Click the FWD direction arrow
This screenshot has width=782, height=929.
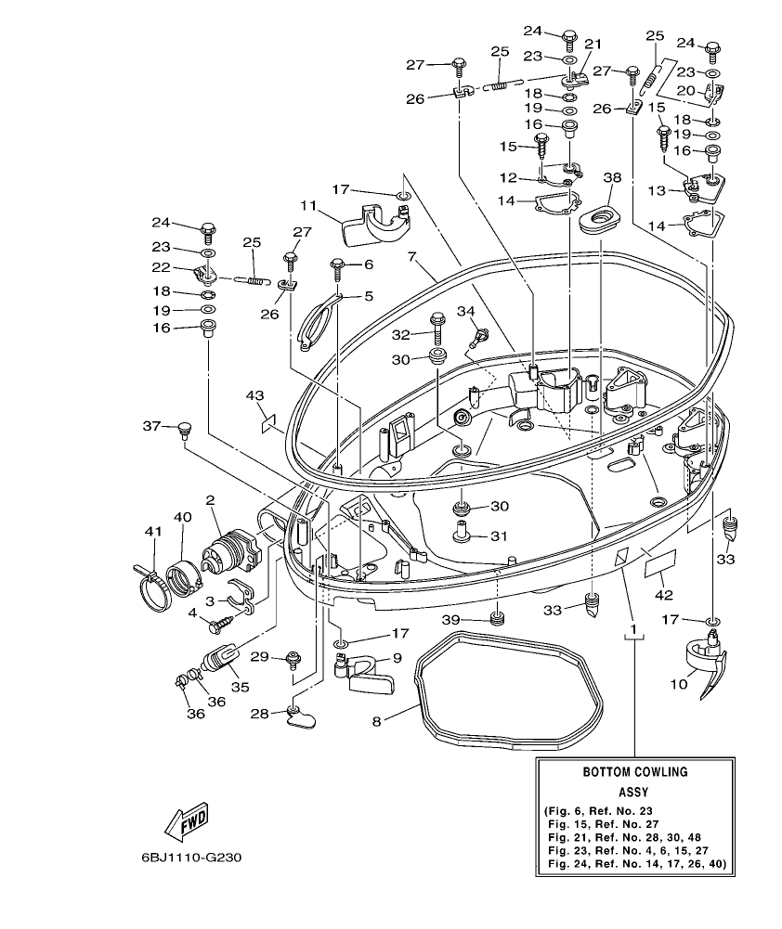(185, 820)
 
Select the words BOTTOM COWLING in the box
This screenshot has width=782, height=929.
(634, 771)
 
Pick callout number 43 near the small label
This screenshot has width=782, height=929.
(254, 395)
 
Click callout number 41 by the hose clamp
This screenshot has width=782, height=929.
(152, 531)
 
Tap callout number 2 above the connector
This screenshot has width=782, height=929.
(211, 500)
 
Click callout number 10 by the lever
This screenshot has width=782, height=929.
(678, 684)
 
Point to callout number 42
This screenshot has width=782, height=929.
(664, 594)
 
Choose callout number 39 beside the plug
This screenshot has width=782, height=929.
(476, 619)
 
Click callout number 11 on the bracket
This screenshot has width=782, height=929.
(308, 205)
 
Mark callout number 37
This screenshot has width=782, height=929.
(151, 426)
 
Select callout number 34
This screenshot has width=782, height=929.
(465, 310)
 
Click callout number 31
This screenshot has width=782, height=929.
(500, 535)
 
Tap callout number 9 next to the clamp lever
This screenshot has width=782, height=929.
(398, 657)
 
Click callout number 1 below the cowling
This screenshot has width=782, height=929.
(633, 630)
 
